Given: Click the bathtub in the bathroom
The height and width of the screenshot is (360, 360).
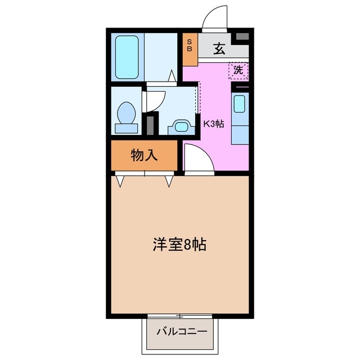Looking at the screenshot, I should [x=128, y=57].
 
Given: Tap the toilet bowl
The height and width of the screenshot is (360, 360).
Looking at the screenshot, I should [x=126, y=115].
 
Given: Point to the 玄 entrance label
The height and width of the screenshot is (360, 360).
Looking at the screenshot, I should [x=219, y=49].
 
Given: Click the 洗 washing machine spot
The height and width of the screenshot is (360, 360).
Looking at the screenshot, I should [x=238, y=71].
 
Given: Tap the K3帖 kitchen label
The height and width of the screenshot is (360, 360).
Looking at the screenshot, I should [x=213, y=124].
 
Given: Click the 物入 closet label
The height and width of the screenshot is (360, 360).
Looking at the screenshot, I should [x=144, y=156].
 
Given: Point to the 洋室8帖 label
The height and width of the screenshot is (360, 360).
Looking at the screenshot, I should [x=179, y=244].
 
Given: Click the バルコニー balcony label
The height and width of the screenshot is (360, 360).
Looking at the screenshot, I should [x=181, y=330].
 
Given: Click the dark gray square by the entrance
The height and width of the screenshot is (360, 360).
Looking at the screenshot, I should [x=242, y=37].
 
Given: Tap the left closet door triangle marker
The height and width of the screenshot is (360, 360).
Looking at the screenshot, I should [x=121, y=181].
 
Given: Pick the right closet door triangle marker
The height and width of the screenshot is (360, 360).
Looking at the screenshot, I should [x=169, y=181].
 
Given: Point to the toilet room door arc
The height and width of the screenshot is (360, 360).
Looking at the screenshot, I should [x=155, y=101].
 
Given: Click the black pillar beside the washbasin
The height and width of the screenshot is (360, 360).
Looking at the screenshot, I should [x=149, y=123].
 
